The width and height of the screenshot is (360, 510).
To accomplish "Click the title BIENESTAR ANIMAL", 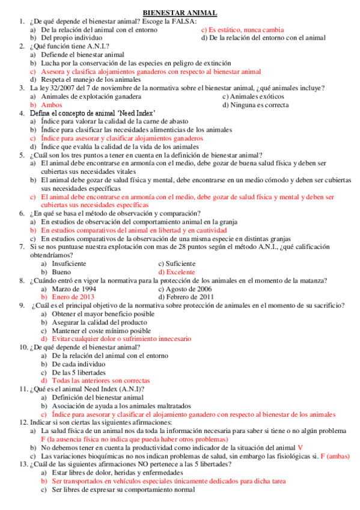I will point(180,13).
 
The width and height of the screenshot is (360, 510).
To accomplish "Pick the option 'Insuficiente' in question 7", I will point(69,263).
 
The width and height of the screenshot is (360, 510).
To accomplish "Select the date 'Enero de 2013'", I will point(73,296).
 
